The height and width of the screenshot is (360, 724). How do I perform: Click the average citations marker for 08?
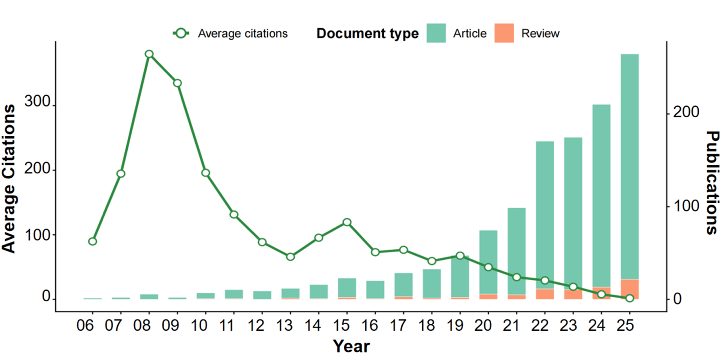click(149, 54)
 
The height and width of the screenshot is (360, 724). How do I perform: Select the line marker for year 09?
click(177, 83)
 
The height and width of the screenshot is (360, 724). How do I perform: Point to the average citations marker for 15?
click(347, 222)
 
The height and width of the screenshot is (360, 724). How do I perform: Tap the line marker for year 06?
click(92, 241)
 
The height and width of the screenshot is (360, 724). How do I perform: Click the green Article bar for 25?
click(630, 167)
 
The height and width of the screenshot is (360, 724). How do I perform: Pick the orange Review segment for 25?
click(630, 289)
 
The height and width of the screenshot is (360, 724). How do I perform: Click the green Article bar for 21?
click(517, 251)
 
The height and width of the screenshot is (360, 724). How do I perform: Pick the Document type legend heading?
click(368, 34)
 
